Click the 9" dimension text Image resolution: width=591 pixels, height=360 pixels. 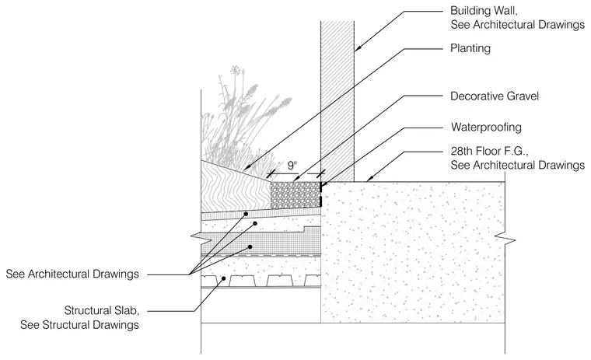click(x=292, y=165)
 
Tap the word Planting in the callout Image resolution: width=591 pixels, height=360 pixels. click(x=470, y=49)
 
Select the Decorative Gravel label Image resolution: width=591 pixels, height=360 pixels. click(x=495, y=96)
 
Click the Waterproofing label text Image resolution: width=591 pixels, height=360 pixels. click(x=486, y=128)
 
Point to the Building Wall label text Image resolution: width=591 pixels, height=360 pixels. click(x=484, y=11)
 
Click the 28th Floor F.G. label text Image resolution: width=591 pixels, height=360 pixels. click(x=490, y=152)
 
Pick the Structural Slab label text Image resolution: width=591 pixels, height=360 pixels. click(x=102, y=310)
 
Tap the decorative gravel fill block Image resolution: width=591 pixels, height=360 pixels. click(x=295, y=195)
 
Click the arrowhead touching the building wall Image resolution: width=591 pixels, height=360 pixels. click(x=358, y=48)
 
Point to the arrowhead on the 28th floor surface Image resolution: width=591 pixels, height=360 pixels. click(x=369, y=178)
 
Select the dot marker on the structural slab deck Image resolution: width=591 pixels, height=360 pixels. click(x=223, y=278)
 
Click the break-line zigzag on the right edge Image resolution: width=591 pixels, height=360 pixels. click(x=505, y=239)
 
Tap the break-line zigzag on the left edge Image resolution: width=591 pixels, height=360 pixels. click(x=201, y=237)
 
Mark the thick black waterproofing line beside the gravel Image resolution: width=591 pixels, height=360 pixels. click(x=320, y=194)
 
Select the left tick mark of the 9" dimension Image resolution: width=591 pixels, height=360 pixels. click(x=271, y=174)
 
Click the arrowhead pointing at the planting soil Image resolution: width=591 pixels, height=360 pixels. click(x=247, y=167)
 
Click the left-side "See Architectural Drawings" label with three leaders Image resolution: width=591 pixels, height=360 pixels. click(x=72, y=274)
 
